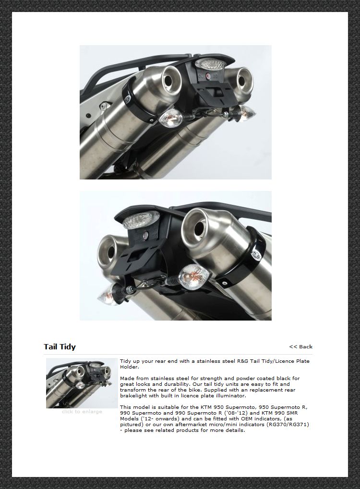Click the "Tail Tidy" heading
point(60,347)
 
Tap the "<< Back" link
point(301,346)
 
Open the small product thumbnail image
point(82,383)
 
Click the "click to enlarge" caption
point(82,412)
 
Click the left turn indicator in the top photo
point(171,119)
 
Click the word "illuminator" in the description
point(230,396)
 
